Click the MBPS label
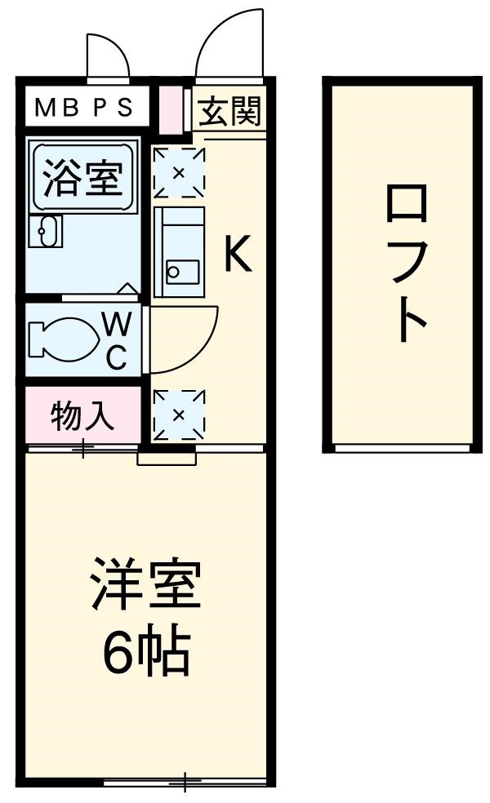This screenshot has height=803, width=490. pyautogui.click(x=83, y=109)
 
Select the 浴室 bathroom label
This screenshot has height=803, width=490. pyautogui.click(x=82, y=179)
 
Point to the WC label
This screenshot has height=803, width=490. pyautogui.click(x=117, y=341)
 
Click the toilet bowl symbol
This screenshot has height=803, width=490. pyautogui.click(x=60, y=339)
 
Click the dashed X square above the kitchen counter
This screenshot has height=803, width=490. pyautogui.click(x=180, y=172)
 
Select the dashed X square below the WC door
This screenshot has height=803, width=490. pyautogui.click(x=180, y=415)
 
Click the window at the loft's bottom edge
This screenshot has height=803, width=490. pyautogui.click(x=402, y=447)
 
